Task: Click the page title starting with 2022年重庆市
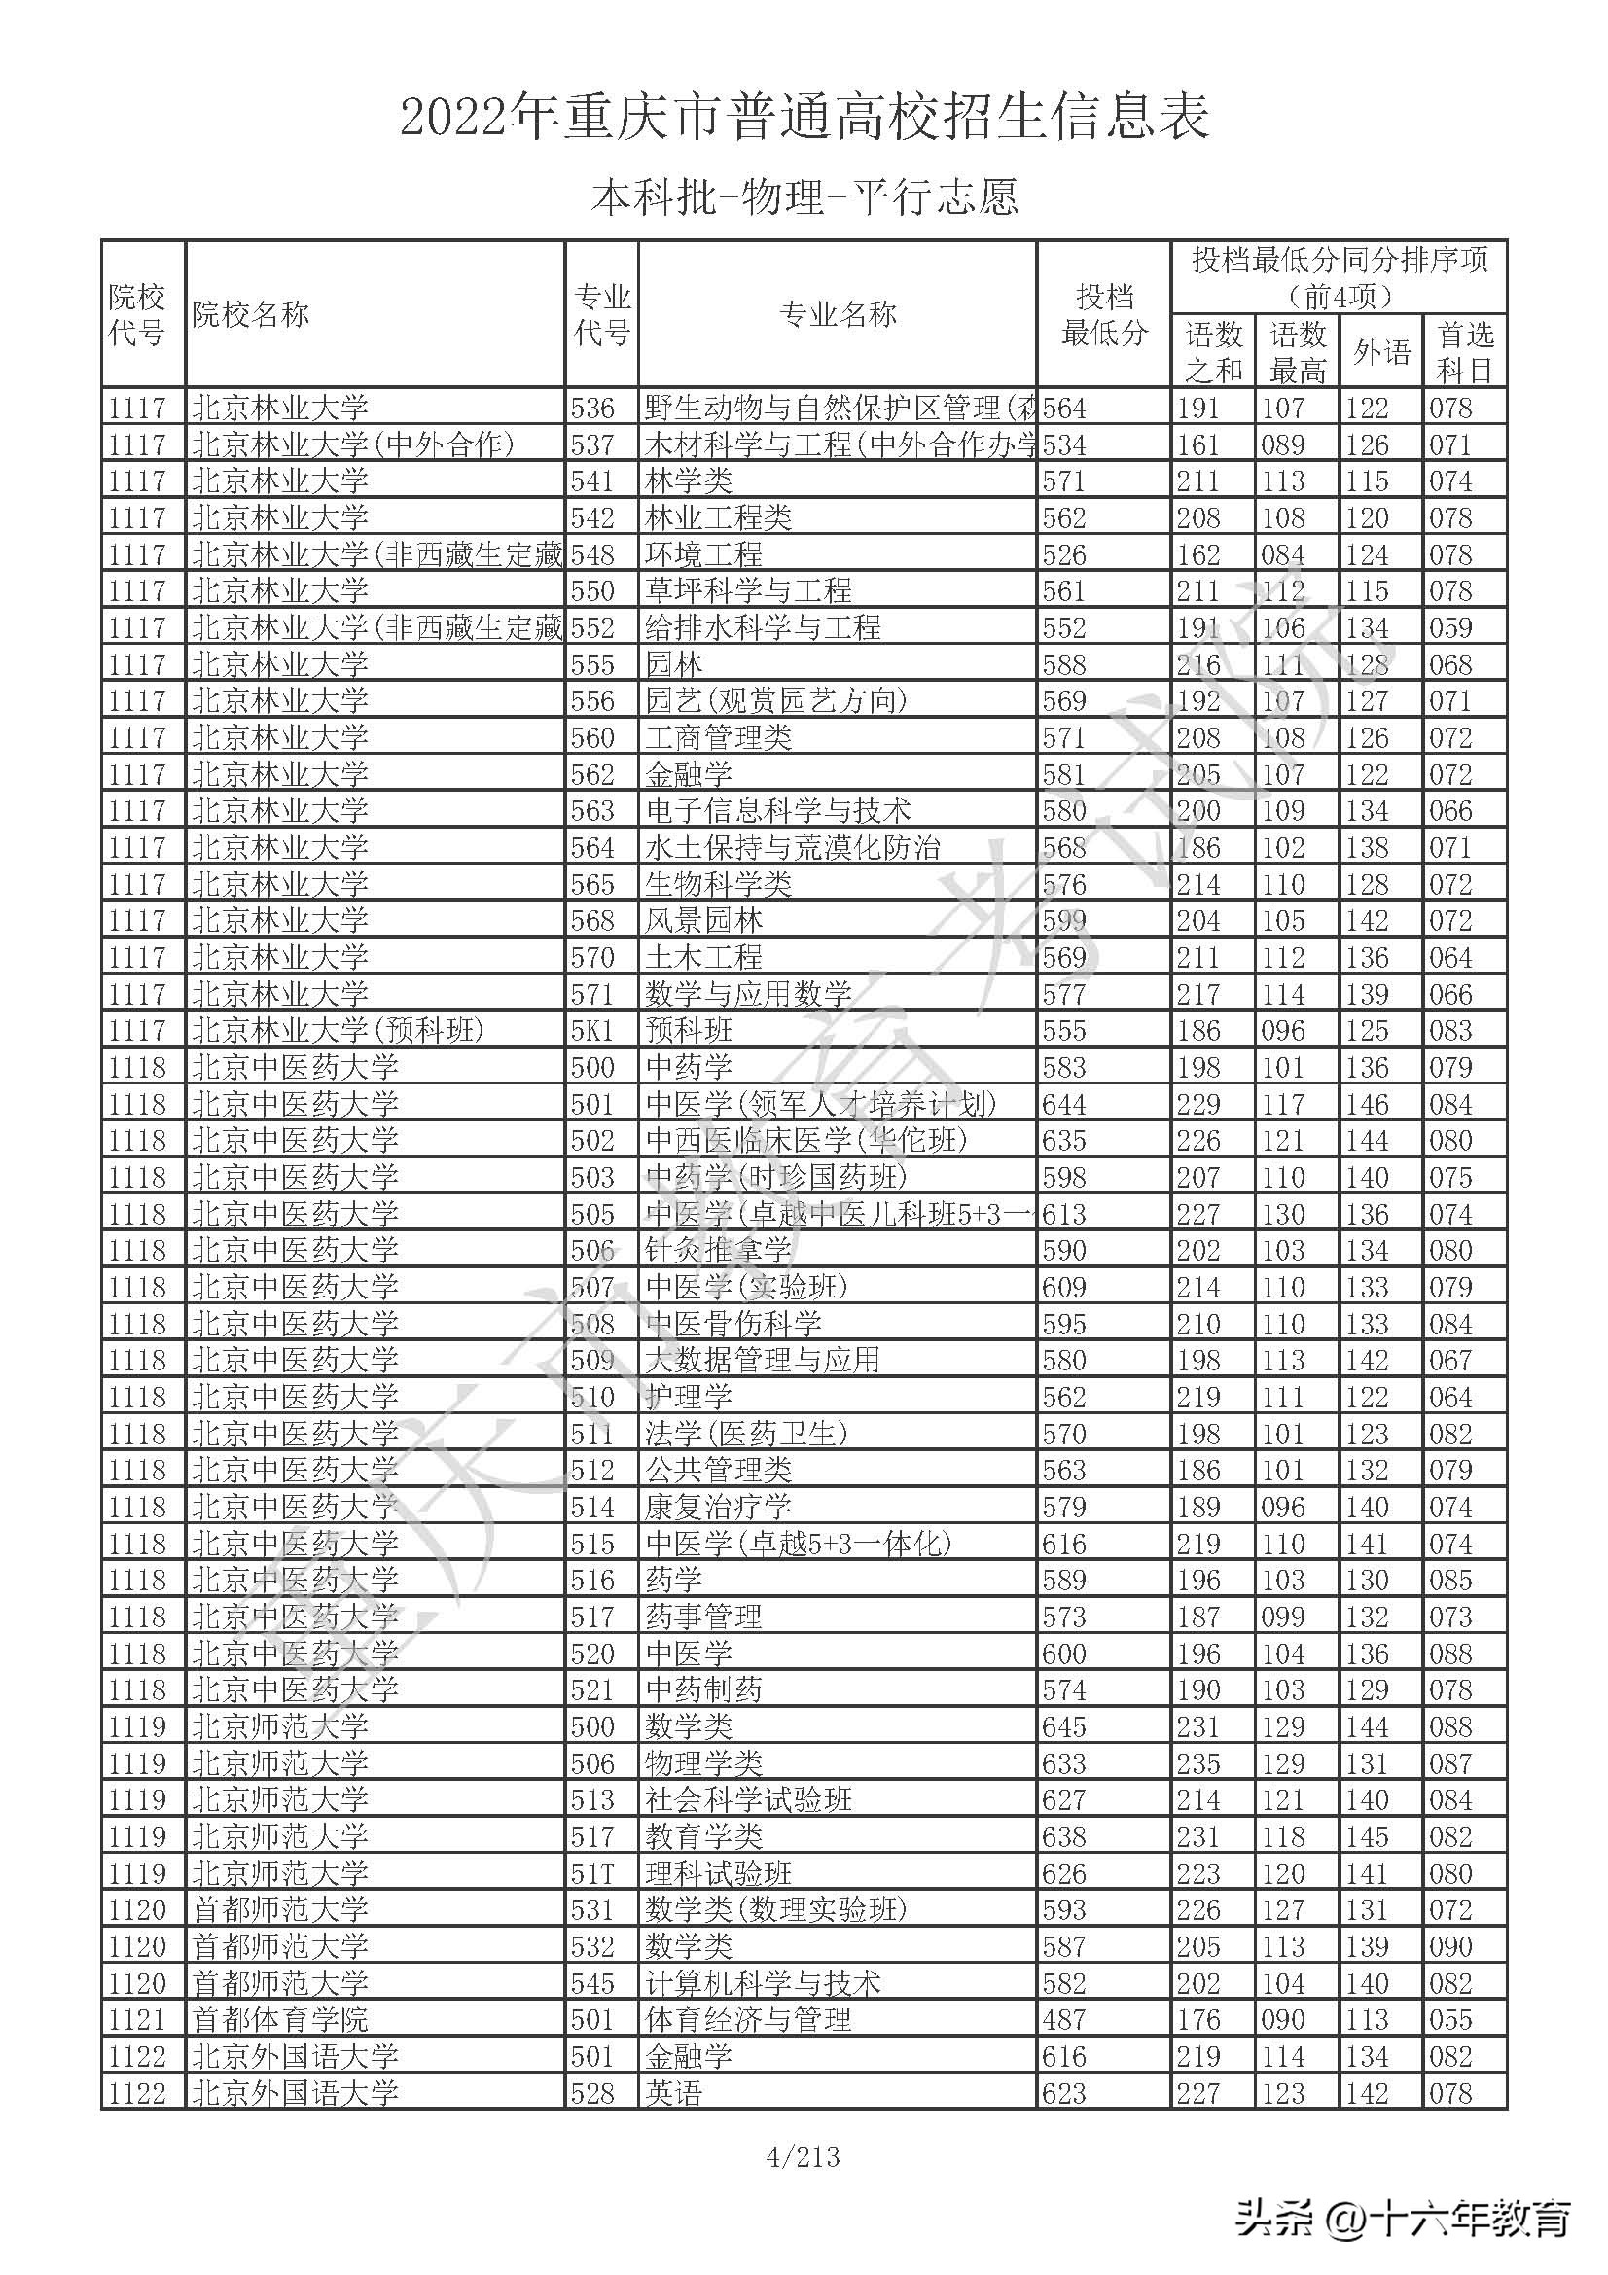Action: (x=804, y=118)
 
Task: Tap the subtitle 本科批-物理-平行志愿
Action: (x=804, y=196)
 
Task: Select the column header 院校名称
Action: (x=251, y=315)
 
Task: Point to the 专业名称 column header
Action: (x=838, y=315)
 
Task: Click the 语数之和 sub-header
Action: (x=1214, y=353)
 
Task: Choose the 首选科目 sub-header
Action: (x=1464, y=353)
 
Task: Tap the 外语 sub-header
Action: (x=1381, y=353)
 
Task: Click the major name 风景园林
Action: (x=703, y=920)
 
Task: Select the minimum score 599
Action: (x=1064, y=920)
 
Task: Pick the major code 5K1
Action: (x=592, y=1030)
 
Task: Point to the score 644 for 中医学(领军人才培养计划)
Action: (x=1064, y=1104)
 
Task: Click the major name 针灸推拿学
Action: (x=717, y=1251)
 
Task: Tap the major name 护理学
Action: (x=689, y=1397)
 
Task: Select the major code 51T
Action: (x=592, y=1873)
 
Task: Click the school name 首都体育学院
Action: (x=279, y=2019)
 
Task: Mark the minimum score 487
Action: (x=1064, y=2019)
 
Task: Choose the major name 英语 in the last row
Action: (x=674, y=2093)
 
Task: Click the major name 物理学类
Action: (x=703, y=1763)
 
